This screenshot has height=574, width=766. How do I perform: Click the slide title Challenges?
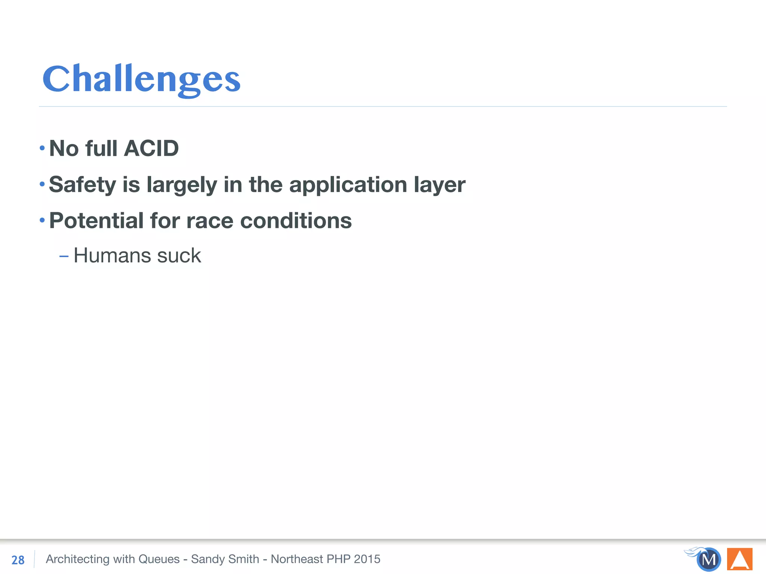[141, 79]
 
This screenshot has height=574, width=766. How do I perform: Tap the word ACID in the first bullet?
[151, 148]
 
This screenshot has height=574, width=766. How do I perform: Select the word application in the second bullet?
[348, 185]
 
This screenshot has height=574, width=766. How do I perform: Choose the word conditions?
[296, 220]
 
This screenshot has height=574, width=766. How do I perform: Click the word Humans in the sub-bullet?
[112, 256]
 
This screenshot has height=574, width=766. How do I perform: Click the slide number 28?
[18, 560]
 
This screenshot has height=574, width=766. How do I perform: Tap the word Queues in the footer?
[159, 559]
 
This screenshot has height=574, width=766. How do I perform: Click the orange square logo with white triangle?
[739, 559]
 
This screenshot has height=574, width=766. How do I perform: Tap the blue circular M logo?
[708, 559]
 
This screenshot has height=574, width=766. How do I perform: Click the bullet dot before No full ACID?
[42, 148]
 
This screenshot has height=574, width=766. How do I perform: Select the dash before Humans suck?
[64, 256]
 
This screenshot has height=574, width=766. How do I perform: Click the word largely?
[182, 185]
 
